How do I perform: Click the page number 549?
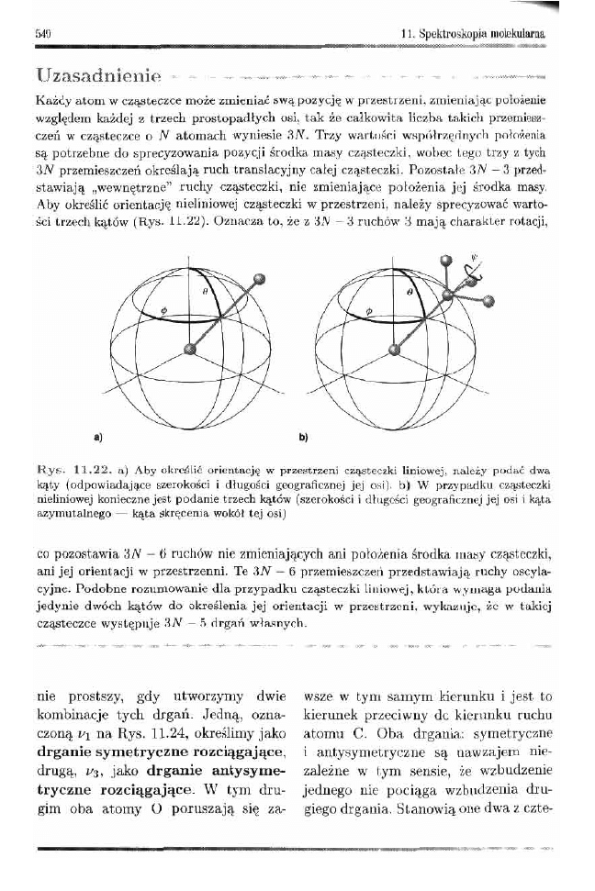click(40, 33)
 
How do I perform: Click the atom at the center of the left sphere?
click(191, 349)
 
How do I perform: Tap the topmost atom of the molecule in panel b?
click(447, 260)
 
